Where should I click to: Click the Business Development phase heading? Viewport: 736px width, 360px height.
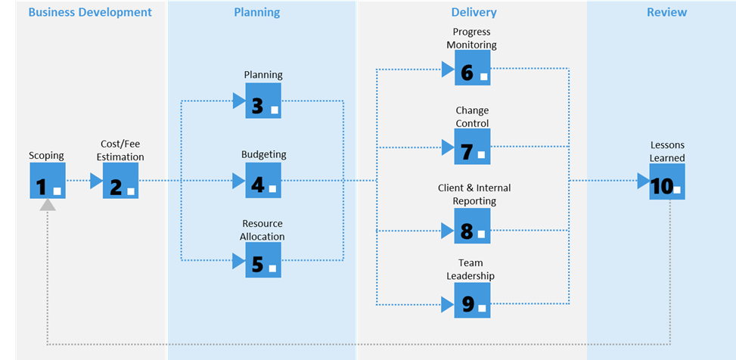[x=90, y=12]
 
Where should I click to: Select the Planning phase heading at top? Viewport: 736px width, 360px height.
[x=256, y=13]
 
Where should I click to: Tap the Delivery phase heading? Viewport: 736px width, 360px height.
[x=474, y=13]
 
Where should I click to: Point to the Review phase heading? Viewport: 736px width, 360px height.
[x=666, y=12]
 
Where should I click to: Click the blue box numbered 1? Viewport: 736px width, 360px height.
[x=48, y=181]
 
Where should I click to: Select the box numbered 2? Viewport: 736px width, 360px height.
[x=120, y=181]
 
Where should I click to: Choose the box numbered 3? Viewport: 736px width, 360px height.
[x=263, y=101]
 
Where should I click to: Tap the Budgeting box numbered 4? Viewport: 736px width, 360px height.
[x=263, y=180]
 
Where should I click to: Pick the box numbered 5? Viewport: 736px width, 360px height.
[x=263, y=259]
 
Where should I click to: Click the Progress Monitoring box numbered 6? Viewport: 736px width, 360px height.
[x=473, y=67]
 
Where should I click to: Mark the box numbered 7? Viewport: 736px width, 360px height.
[x=473, y=147]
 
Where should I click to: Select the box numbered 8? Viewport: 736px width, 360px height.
[x=473, y=226]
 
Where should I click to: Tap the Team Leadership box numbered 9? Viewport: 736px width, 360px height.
[x=473, y=300]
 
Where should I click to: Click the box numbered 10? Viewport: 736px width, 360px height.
[x=667, y=182]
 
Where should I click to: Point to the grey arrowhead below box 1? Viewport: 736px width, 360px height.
[x=48, y=205]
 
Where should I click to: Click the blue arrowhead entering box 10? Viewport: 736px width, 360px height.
[x=644, y=181]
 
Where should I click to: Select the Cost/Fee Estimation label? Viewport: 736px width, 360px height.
[x=120, y=151]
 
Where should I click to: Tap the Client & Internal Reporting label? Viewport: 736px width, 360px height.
[x=474, y=194]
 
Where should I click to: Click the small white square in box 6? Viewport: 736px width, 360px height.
[x=484, y=76]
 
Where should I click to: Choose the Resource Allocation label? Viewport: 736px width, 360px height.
[x=262, y=230]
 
